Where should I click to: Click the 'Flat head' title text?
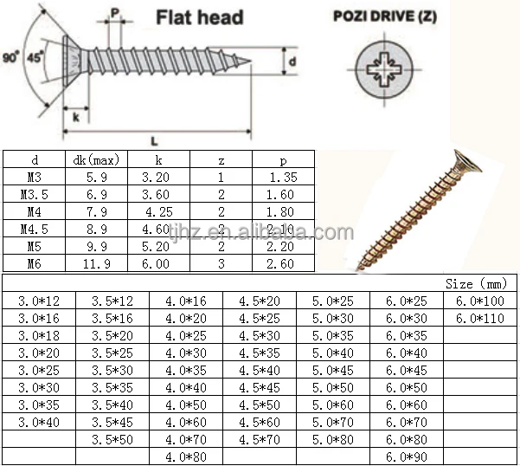pos(200,17)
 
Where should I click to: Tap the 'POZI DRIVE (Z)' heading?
pos(385,16)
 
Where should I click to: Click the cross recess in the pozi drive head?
pos(384,69)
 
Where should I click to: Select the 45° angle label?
pos(35,57)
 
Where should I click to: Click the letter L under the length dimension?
pos(154,142)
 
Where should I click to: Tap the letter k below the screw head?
pos(76,117)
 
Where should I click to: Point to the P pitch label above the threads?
pos(115,13)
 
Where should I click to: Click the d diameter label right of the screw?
pos(292,61)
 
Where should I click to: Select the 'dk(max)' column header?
pos(96,160)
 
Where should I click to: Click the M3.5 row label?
pos(34,195)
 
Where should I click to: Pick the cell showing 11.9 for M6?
pos(97,264)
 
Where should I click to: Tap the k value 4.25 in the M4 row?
pos(159,211)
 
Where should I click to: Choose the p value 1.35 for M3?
pos(283,178)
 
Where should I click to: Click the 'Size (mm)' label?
pos(476,284)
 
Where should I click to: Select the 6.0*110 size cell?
pos(480,319)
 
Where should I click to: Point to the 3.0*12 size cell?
pos(39,301)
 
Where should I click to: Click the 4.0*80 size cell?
pos(186,457)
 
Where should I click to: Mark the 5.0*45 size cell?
pos(333,371)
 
